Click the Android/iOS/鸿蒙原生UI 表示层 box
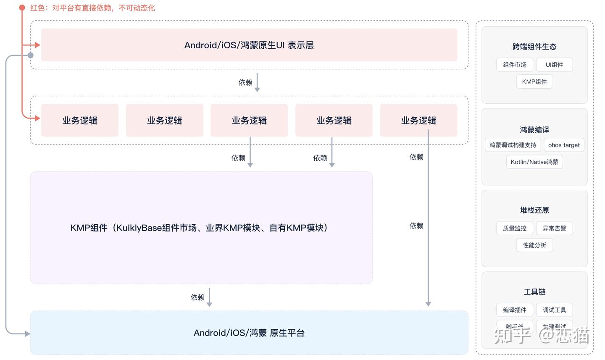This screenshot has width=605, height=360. (x=249, y=45)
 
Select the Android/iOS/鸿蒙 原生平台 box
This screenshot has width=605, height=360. (x=249, y=333)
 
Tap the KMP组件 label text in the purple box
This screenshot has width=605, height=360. (x=199, y=228)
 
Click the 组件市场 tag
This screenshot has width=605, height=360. (x=515, y=65)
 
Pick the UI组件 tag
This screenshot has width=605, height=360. (x=554, y=65)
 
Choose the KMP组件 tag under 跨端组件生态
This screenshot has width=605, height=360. (x=534, y=81)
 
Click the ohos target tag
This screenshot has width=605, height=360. (x=564, y=145)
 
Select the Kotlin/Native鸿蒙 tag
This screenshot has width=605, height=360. (x=534, y=162)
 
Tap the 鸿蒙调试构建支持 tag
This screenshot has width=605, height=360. (x=513, y=145)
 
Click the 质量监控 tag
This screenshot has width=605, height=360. (x=515, y=228)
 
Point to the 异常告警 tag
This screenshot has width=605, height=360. (x=554, y=228)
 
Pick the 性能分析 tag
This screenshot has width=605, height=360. (x=534, y=245)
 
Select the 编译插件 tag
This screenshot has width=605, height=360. (x=515, y=310)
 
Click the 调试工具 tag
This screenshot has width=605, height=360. (x=554, y=310)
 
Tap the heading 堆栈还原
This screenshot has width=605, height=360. (x=534, y=210)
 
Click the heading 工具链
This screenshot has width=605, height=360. (x=534, y=292)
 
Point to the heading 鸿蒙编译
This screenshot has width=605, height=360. (x=534, y=130)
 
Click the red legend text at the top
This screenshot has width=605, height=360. (x=92, y=8)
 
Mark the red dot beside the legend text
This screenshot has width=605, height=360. (x=22, y=8)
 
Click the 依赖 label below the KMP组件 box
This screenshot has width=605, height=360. (x=197, y=297)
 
